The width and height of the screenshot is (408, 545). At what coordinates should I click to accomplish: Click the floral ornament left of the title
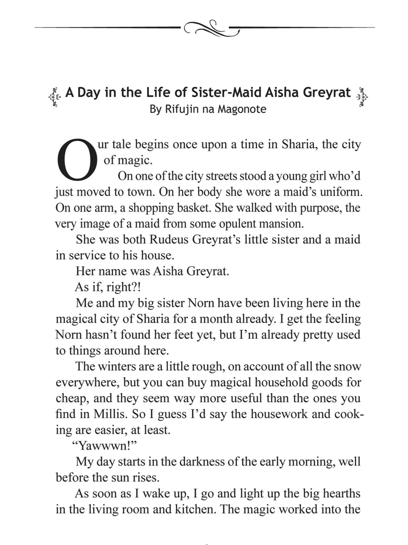[x=55, y=97]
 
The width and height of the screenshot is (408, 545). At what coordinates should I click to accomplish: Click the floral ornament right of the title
[x=362, y=97]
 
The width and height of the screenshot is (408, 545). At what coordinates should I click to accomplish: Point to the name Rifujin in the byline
[x=181, y=109]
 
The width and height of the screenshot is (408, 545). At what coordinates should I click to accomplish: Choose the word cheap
[x=71, y=399]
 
